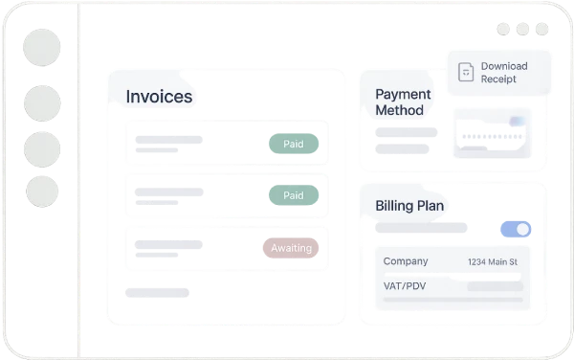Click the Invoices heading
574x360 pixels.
[x=159, y=97]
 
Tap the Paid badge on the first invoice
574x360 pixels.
[x=294, y=144]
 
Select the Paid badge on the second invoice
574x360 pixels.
[x=294, y=195]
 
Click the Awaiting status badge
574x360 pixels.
[x=291, y=248]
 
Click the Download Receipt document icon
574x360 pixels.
[x=466, y=72]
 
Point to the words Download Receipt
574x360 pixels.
[x=504, y=73]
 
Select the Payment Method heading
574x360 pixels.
[x=403, y=102]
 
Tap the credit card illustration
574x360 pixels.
[x=492, y=133]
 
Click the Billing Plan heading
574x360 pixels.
[x=409, y=206]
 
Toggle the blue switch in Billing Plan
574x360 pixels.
[x=516, y=229]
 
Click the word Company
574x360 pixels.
[x=406, y=261]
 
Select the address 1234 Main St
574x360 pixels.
[x=493, y=261]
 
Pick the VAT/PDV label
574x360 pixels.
[x=405, y=286]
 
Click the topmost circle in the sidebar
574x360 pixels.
[x=42, y=48]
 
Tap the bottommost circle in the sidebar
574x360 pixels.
[x=42, y=191]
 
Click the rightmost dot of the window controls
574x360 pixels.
[x=541, y=29]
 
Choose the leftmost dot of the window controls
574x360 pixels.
[x=503, y=29]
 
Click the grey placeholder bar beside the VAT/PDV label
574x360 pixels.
[x=495, y=286]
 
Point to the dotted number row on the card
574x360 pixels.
[x=492, y=137]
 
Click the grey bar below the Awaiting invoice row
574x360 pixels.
[x=157, y=293]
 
